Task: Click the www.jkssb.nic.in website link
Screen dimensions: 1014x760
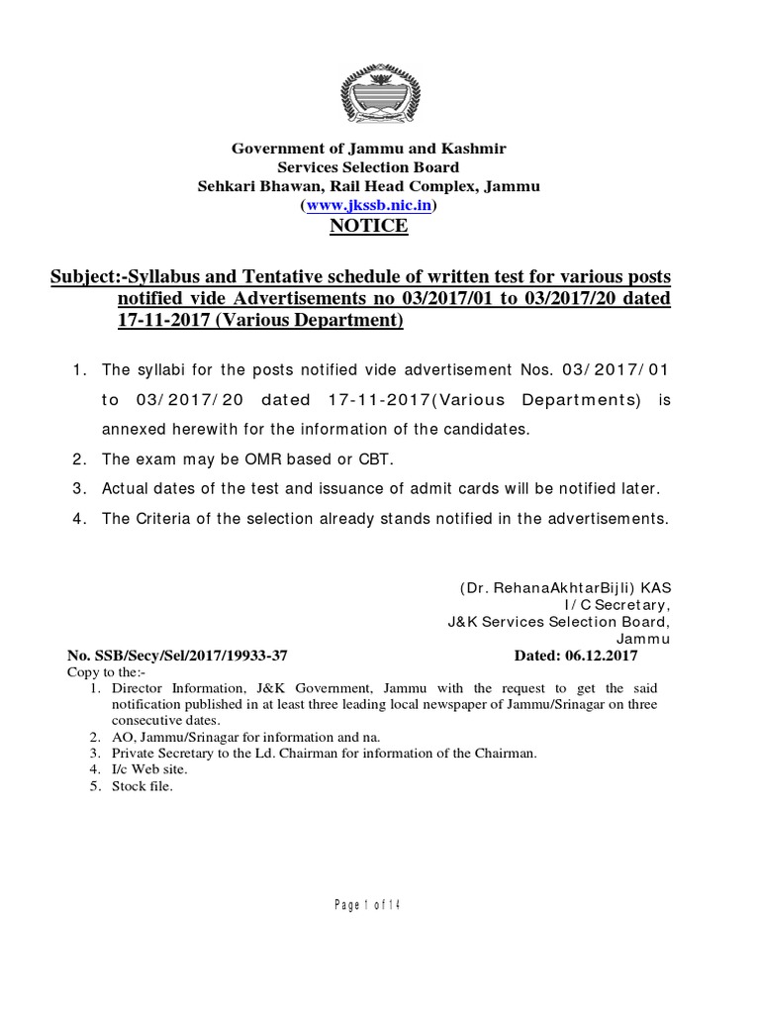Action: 368,206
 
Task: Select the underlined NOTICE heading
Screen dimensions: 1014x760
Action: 368,227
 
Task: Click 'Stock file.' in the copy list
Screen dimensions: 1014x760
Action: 142,786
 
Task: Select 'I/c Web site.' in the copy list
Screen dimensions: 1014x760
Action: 149,769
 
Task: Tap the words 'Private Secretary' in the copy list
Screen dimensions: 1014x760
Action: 162,754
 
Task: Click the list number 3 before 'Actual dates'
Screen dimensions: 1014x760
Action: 76,489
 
